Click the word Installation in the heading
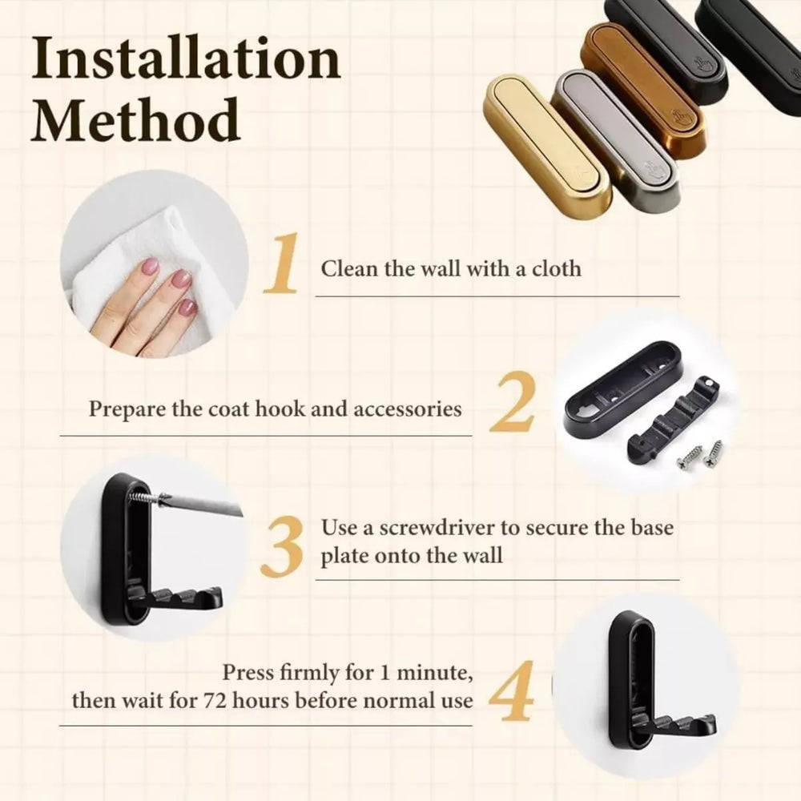coord(186,60)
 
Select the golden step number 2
coord(512,405)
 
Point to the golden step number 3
coord(282,547)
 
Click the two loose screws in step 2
coord(700,454)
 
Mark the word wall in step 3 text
coord(480,556)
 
